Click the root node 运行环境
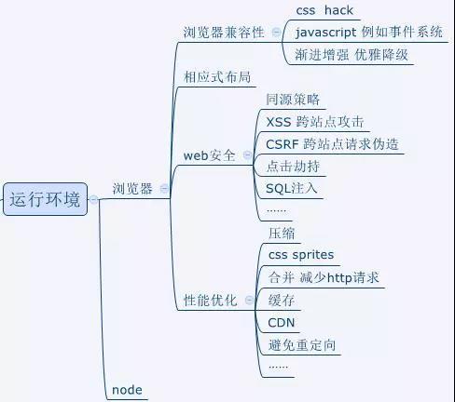[45, 199]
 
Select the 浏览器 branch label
[132, 189]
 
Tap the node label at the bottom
[127, 390]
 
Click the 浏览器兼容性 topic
[224, 33]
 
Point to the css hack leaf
[324, 10]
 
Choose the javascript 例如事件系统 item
[369, 33]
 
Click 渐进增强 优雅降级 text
[352, 55]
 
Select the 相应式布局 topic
[217, 77]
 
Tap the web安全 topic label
[209, 155]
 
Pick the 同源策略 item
[293, 100]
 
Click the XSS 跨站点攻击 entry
[315, 122]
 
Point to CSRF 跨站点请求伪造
[332, 144]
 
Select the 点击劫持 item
[293, 167]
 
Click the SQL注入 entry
[292, 189]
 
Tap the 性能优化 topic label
[211, 301]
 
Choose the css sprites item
[301, 255]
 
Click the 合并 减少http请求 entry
[324, 277]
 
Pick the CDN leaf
[282, 323]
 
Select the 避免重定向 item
[302, 345]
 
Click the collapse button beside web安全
[247, 154]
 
